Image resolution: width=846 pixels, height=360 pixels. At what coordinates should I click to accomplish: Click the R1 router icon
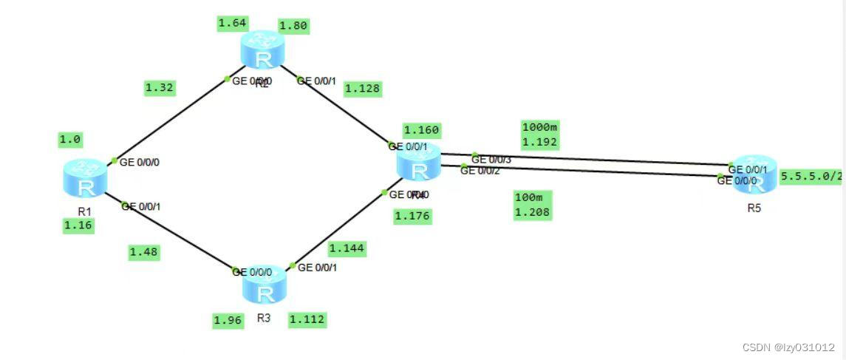tap(85, 180)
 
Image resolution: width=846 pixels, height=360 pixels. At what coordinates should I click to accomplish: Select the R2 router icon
tap(262, 51)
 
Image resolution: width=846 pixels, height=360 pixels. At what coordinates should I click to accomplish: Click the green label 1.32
tap(160, 88)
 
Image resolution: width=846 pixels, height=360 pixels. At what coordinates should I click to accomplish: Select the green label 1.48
tap(143, 252)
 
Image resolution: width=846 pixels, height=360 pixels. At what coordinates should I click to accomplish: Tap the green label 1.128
tap(363, 89)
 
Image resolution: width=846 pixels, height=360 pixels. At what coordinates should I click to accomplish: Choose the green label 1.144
tap(347, 248)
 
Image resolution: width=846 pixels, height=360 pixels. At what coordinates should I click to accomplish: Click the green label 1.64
tap(231, 24)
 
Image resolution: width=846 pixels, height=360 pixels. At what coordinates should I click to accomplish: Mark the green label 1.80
tap(293, 26)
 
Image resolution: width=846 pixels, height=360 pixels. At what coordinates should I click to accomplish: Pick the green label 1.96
tap(228, 320)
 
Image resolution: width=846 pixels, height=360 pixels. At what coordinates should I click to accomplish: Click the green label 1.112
tap(307, 319)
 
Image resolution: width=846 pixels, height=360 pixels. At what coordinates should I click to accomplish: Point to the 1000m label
tap(539, 126)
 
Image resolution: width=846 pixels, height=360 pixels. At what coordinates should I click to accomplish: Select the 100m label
tap(528, 197)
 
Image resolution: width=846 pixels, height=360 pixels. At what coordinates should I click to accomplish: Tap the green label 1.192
tap(539, 141)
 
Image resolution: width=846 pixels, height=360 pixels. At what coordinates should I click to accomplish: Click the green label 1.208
tap(532, 212)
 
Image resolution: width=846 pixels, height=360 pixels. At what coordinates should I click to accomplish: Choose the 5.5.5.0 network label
tap(811, 176)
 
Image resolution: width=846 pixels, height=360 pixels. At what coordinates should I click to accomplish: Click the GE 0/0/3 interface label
tap(491, 159)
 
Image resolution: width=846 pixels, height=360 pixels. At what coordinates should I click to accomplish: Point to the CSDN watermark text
tap(788, 347)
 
